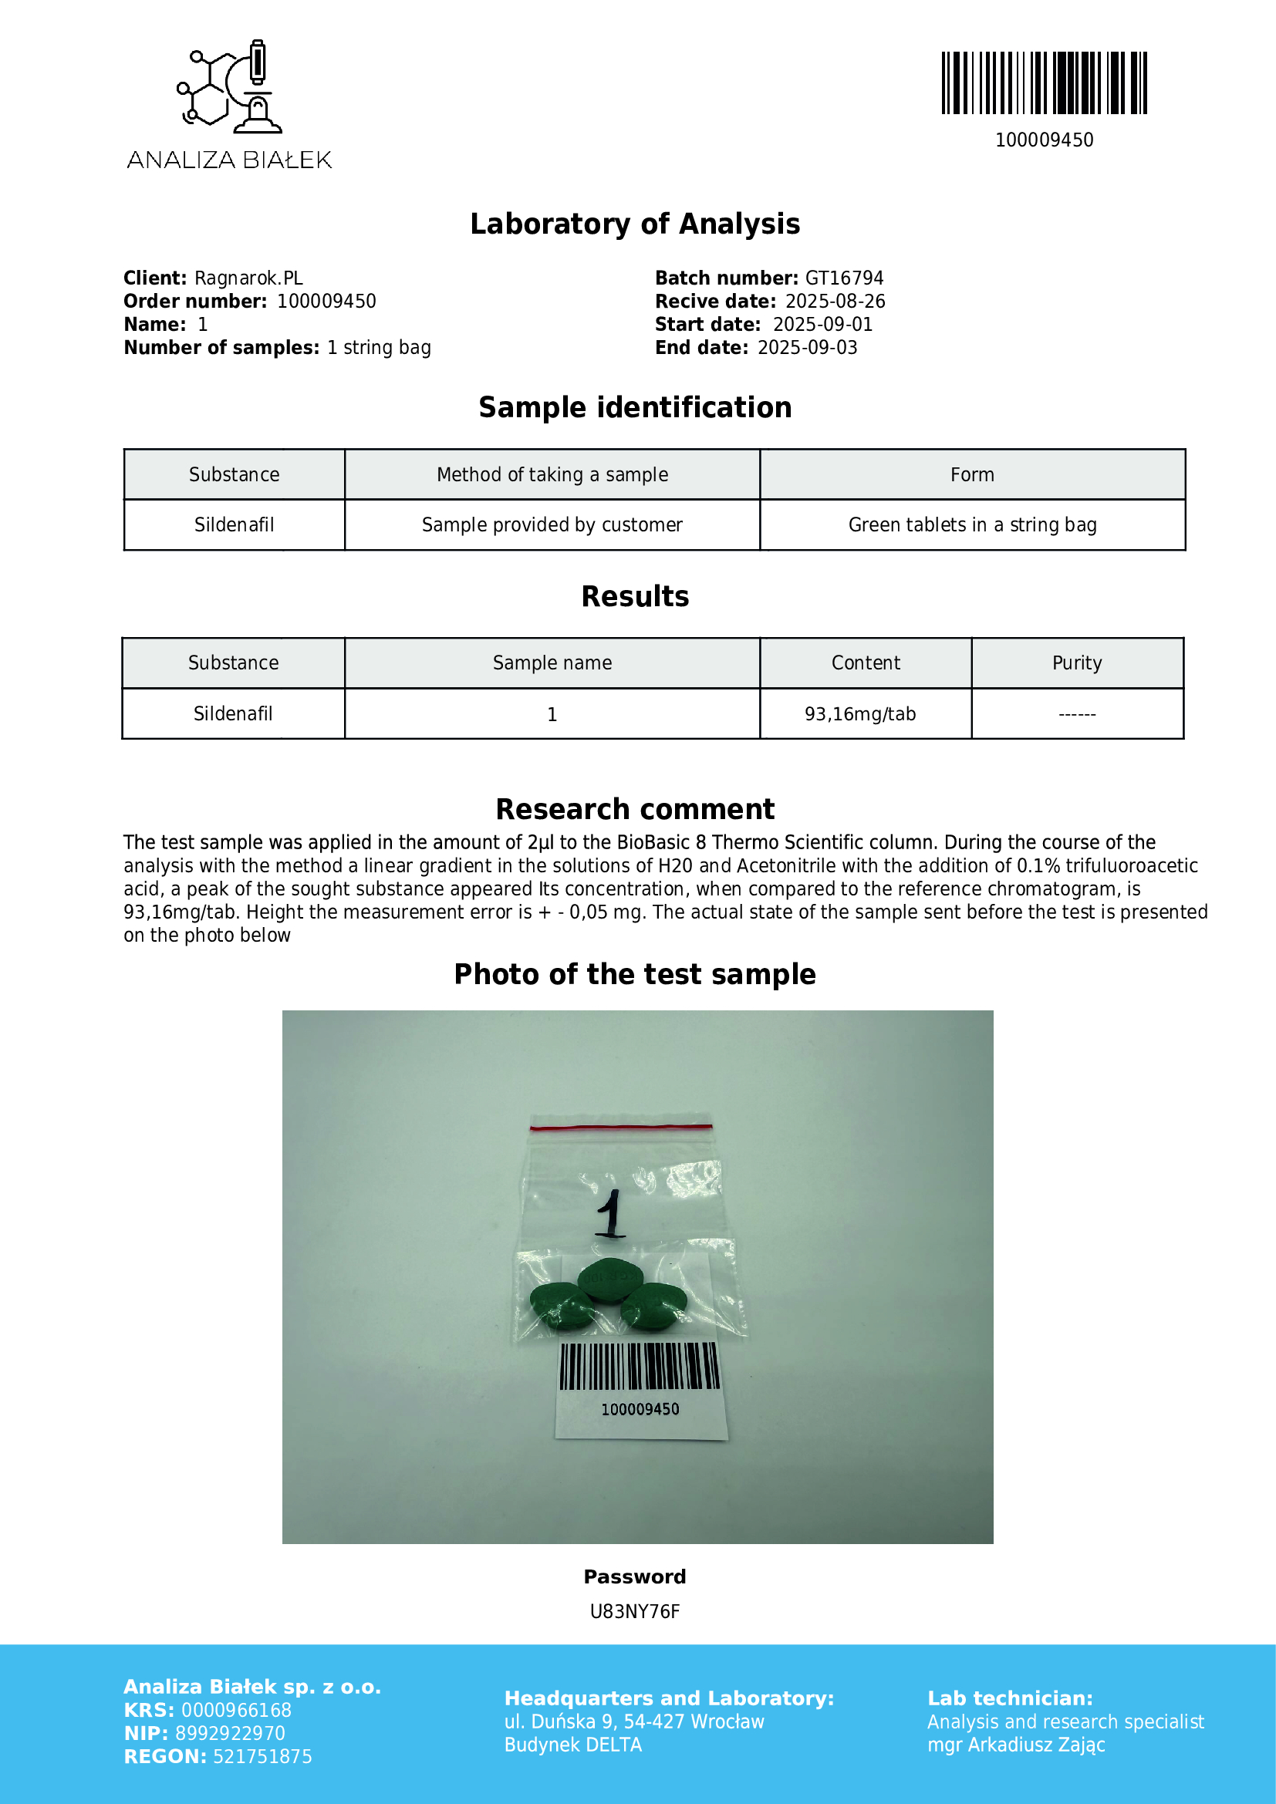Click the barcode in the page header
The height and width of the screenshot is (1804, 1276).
click(x=1044, y=83)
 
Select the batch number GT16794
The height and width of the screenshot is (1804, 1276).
click(x=844, y=278)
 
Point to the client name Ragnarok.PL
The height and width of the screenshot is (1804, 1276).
click(x=248, y=278)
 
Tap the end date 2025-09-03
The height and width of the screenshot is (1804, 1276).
click(x=807, y=347)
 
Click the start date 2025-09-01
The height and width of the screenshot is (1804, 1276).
click(x=822, y=325)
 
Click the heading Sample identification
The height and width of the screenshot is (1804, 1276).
click(x=635, y=408)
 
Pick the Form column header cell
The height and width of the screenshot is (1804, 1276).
click(x=972, y=474)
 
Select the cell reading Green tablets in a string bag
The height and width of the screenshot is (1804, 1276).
click(x=972, y=525)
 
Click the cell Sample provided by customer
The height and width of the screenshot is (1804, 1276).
click(x=552, y=525)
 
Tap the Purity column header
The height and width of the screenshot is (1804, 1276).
click(x=1076, y=663)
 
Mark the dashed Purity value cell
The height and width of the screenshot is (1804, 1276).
click(x=1076, y=714)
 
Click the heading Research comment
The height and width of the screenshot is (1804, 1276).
click(x=635, y=809)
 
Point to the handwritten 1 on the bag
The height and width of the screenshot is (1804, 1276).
click(x=609, y=1214)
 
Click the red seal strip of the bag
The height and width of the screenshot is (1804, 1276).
click(x=621, y=1127)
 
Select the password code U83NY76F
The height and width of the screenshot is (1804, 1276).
click(x=635, y=1611)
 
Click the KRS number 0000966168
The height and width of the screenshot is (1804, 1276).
click(x=237, y=1710)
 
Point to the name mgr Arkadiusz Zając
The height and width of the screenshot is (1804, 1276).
click(x=1016, y=1745)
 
